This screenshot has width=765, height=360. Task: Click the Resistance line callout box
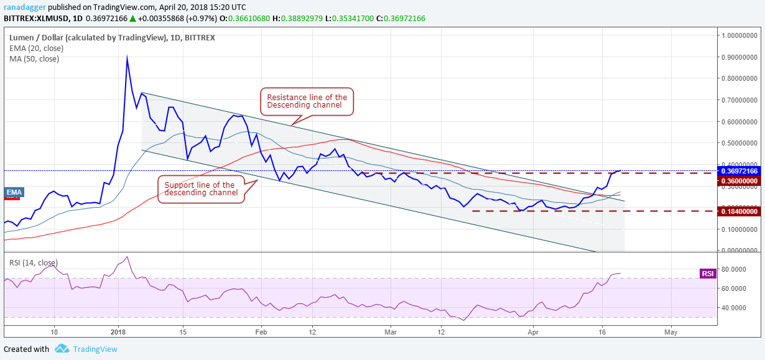tap(307, 101)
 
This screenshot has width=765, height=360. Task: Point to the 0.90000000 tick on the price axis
tap(740, 57)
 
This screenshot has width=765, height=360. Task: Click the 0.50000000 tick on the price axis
tap(740, 143)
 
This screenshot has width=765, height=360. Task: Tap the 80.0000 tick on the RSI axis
tap(735, 270)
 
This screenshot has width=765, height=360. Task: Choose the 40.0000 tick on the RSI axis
tap(735, 308)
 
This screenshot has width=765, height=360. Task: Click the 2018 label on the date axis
tap(118, 332)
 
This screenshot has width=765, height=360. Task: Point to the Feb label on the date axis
tap(260, 332)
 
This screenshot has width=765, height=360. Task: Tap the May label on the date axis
tap(670, 332)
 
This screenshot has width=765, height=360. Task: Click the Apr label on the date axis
tap(532, 332)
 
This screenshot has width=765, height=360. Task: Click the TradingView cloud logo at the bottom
tap(61, 349)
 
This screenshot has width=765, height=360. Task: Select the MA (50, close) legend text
tap(34, 59)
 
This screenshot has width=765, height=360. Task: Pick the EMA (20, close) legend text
tap(36, 48)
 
